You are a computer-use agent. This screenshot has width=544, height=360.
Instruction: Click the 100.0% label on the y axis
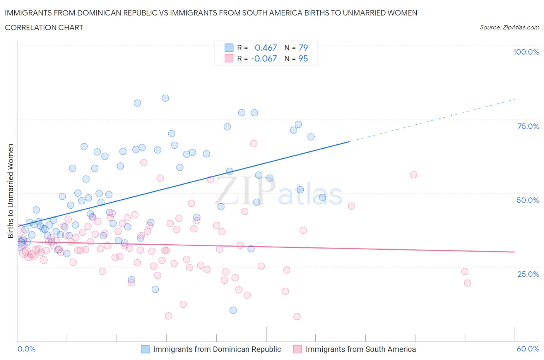pos(526,52)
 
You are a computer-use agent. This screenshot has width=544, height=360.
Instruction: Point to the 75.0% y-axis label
pos(528,126)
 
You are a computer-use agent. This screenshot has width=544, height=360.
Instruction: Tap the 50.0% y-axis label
pos(528,200)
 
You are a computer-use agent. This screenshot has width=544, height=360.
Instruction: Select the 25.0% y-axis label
pos(528,274)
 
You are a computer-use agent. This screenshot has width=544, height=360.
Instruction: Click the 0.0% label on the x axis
pos(27,349)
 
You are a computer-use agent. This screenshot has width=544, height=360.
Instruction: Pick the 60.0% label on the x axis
pos(528,349)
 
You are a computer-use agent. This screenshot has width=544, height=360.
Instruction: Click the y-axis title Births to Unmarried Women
pos(11,191)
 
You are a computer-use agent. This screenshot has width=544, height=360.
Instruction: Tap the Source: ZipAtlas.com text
pos(509,27)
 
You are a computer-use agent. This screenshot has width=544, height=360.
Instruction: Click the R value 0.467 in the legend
pos(266,48)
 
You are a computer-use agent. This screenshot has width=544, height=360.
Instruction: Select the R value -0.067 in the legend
pos(264,58)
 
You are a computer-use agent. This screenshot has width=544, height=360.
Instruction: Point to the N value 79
pos(303,48)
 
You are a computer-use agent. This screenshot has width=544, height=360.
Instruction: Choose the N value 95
pos(303,58)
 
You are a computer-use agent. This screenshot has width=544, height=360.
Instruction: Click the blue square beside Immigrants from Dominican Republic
pos(145,349)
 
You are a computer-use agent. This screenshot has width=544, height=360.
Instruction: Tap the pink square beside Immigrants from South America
pos(298,349)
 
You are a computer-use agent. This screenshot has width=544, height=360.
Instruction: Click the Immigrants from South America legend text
pos(361,349)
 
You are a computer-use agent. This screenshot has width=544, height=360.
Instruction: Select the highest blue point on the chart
pos(165,98)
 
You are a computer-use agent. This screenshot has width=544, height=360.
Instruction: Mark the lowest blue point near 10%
pos(233,310)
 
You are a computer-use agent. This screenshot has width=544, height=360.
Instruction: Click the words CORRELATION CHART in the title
pos(44,27)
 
